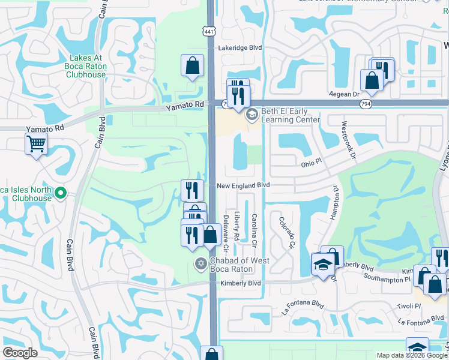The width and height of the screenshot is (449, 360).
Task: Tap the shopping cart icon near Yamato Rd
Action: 36,144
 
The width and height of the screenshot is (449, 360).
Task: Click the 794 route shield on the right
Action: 366,104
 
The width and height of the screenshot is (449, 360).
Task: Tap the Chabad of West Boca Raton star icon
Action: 200,263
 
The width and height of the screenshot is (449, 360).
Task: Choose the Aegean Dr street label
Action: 343,94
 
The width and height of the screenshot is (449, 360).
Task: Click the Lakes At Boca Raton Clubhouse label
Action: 87,67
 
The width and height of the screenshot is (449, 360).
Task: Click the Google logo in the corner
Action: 20,353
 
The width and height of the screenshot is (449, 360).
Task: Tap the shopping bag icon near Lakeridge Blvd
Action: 191,67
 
